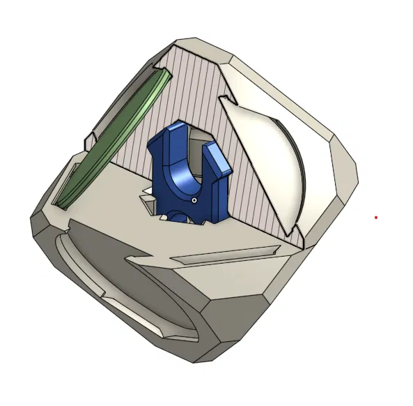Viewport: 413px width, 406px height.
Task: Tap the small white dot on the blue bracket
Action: [x=194, y=200]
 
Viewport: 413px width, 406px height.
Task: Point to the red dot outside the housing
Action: [x=375, y=218]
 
